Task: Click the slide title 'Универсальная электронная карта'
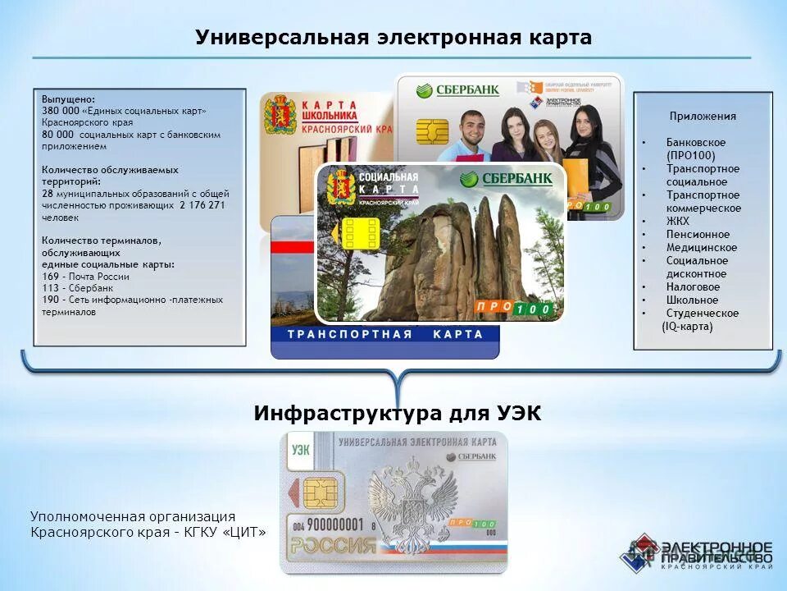click(x=393, y=38)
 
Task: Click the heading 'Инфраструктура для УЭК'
click(x=398, y=413)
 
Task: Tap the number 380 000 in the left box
click(x=59, y=111)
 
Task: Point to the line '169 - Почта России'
click(x=85, y=277)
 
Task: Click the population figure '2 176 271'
click(x=202, y=205)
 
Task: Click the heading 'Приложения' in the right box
click(x=703, y=117)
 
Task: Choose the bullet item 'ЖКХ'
click(x=678, y=221)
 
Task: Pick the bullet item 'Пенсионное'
click(x=697, y=234)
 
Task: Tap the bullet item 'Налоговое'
click(x=693, y=286)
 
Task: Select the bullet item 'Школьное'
click(x=692, y=300)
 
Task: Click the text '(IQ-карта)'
click(x=687, y=326)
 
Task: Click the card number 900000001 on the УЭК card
click(x=335, y=524)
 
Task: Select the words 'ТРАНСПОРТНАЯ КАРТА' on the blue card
click(x=385, y=335)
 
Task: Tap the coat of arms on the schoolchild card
click(x=280, y=114)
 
